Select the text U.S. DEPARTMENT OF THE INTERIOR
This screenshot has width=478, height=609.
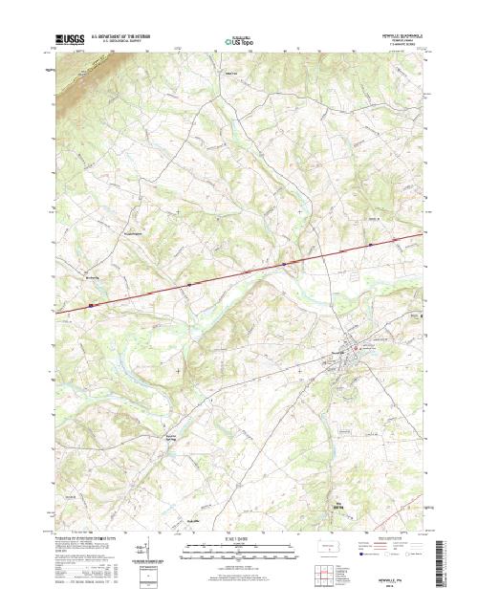click(x=124, y=36)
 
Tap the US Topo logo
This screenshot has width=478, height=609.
click(x=239, y=41)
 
